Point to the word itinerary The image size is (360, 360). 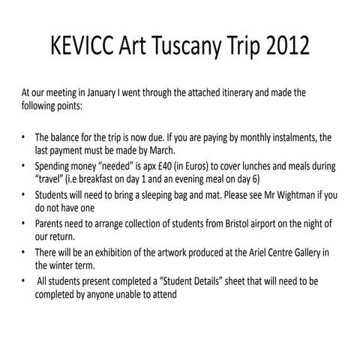(236, 93)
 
